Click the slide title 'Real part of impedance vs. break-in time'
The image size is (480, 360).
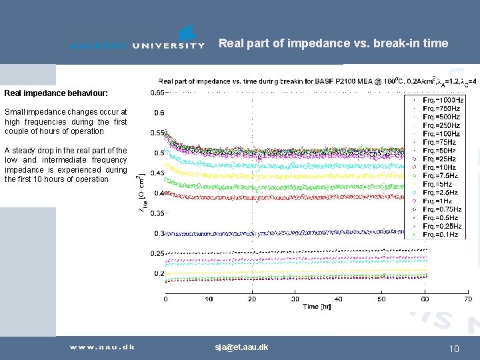333,43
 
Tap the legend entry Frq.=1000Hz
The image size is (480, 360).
443,99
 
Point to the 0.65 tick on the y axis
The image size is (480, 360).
157,92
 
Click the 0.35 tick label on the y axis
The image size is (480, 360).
157,213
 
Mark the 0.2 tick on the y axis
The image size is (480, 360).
159,273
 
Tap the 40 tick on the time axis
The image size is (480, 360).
338,299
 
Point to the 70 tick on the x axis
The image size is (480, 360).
467,299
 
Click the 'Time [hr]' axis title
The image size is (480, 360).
317,307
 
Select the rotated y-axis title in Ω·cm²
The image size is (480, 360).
142,193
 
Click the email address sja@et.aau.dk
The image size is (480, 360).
241,347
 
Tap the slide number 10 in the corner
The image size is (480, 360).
455,348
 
